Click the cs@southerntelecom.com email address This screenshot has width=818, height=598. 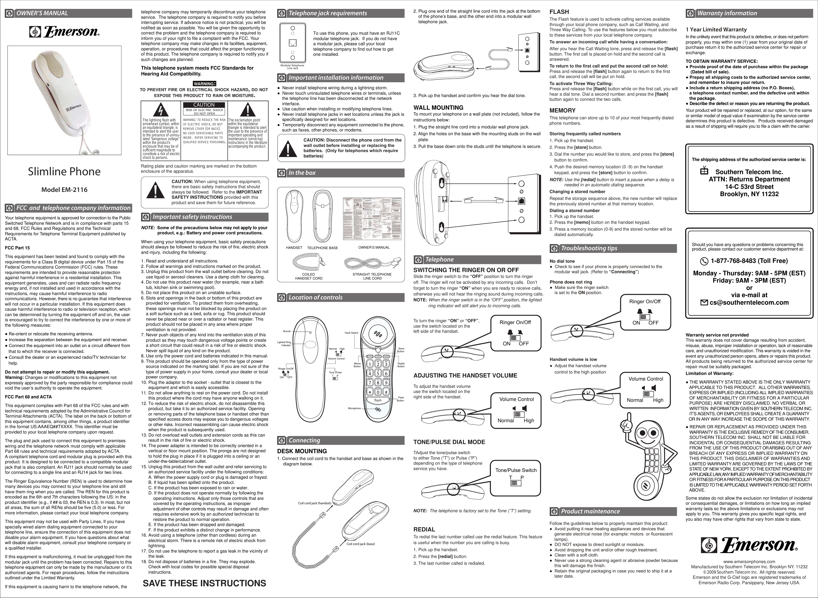tap(749, 303)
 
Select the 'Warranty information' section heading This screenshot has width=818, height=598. tap(727, 13)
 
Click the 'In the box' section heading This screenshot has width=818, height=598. tap(302, 173)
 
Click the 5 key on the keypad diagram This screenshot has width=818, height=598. tap(378, 374)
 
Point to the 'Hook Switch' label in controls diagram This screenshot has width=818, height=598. tap(351, 333)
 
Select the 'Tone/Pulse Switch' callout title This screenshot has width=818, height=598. tap(516, 470)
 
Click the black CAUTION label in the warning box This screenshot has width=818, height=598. tap(204, 105)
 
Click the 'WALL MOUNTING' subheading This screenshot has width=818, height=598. tap(438, 108)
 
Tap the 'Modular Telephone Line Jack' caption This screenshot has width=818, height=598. tap(292, 67)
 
